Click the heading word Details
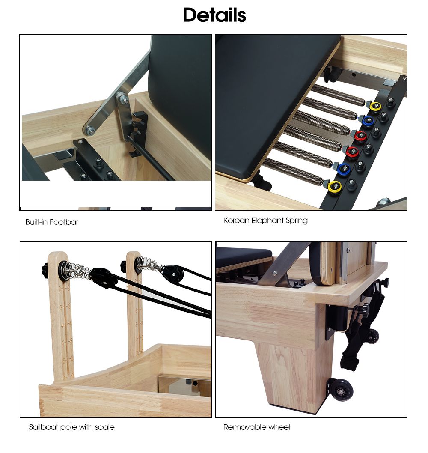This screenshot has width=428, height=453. pyautogui.click(x=214, y=15)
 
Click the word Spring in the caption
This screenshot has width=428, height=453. pyautogui.click(x=297, y=221)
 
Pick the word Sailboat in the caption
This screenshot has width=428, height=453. pyautogui.click(x=43, y=427)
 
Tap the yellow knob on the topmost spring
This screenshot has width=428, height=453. pyautogui.click(x=375, y=106)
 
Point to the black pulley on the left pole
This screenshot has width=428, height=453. pyautogui.click(x=100, y=277)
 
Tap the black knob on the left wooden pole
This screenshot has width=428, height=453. pyautogui.click(x=45, y=270)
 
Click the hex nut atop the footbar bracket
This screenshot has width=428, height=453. pyautogui.click(x=125, y=100)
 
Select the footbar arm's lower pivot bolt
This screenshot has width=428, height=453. pyautogui.click(x=89, y=131)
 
